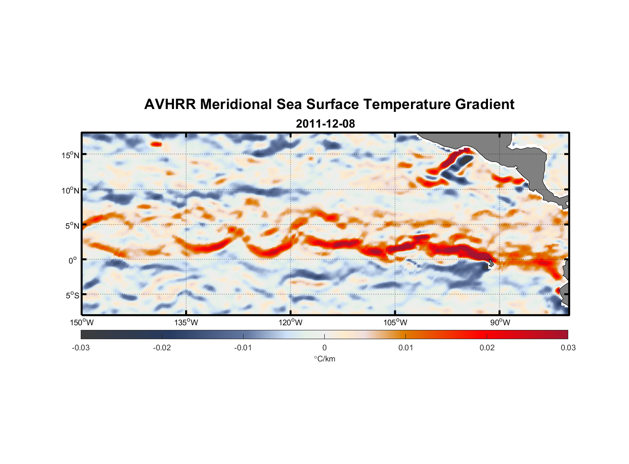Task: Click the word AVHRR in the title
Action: point(170,104)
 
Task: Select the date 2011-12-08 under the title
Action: point(325,124)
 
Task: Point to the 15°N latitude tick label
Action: point(71,155)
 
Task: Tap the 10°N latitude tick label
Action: point(71,190)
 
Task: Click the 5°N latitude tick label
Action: point(72,226)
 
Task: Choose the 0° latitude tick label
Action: point(73,261)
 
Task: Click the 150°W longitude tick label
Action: point(82,322)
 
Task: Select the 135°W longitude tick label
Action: point(186,322)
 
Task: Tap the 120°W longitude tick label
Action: point(290,322)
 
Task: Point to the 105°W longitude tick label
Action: point(395,322)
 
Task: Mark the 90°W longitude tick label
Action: point(500,322)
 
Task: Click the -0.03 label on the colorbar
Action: point(81,348)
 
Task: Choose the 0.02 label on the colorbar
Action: point(487,348)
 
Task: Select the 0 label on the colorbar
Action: point(324,348)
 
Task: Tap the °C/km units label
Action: point(324,359)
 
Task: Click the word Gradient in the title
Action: point(485,104)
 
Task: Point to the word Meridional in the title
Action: point(236,104)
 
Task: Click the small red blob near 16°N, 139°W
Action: point(156,144)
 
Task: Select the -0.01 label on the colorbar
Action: point(243,348)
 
